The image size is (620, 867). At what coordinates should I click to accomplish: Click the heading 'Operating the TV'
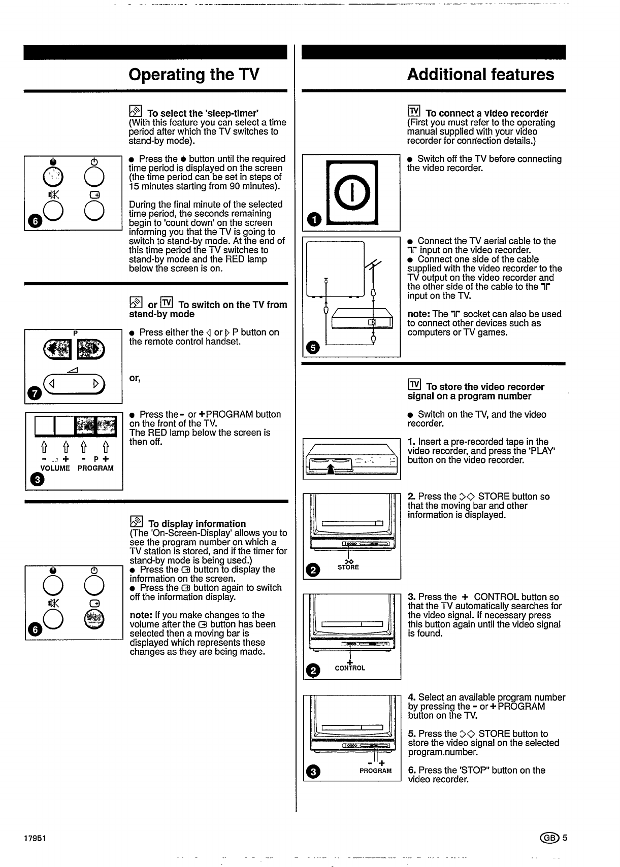click(x=194, y=75)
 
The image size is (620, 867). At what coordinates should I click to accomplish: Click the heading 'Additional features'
click(x=480, y=75)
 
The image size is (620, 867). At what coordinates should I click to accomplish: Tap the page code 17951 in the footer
click(x=35, y=838)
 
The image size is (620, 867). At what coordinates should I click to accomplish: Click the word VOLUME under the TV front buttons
click(x=55, y=468)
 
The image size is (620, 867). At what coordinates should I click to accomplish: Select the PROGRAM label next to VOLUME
click(x=95, y=468)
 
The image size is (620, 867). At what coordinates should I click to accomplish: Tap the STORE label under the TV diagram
click(x=348, y=567)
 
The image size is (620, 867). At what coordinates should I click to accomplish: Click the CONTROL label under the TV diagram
click(x=350, y=668)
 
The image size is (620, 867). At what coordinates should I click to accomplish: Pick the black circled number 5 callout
click(x=312, y=348)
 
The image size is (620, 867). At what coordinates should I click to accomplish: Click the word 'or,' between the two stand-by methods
click(x=135, y=378)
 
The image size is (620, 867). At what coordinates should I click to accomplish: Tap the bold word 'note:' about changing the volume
click(x=141, y=615)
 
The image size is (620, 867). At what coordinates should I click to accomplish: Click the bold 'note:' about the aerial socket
click(x=419, y=314)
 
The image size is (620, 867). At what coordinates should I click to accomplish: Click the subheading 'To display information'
click(x=197, y=524)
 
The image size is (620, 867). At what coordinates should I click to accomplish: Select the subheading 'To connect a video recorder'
click(x=486, y=113)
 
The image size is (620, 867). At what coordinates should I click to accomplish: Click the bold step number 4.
click(x=412, y=697)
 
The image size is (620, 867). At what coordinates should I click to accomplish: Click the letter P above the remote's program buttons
click(x=75, y=333)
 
